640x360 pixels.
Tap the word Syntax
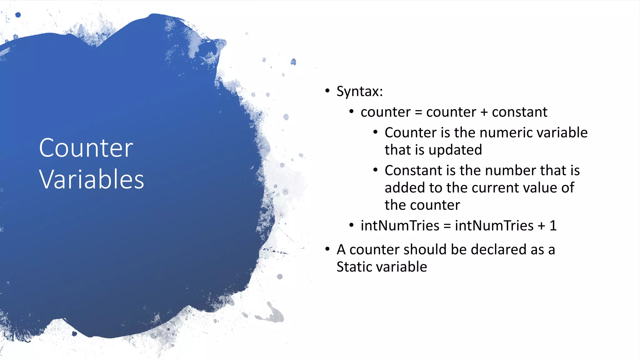[358, 92]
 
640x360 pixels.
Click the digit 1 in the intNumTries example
[553, 226]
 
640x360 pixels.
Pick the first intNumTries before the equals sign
[400, 226]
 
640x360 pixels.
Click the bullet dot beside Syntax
[327, 91]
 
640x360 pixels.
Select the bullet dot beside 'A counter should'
[327, 249]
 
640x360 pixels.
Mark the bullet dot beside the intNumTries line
[351, 225]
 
